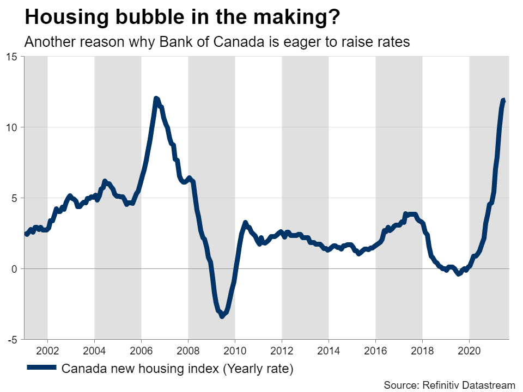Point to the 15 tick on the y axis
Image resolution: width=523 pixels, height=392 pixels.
tap(12, 57)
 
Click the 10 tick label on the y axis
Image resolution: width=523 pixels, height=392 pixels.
tap(12, 127)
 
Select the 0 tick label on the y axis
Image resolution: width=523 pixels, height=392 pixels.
tap(15, 269)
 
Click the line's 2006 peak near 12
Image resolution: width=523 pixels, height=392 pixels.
tap(156, 99)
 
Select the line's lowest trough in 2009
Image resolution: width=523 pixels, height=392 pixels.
tap(222, 316)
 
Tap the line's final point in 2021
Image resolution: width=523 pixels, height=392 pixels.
tap(504, 101)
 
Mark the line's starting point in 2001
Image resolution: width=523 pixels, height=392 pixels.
tap(26, 234)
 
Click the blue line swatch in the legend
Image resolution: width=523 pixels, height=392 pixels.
tap(41, 369)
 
